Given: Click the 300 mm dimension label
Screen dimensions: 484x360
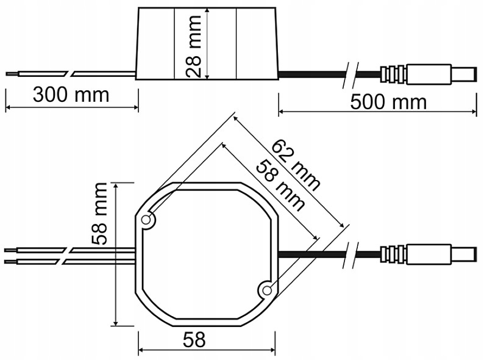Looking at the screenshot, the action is [71, 95].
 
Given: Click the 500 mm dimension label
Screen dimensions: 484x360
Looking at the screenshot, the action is [388, 102].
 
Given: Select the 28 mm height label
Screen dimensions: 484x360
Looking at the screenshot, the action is [193, 46].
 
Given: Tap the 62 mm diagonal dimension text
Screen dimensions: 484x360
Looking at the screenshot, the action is [296, 165].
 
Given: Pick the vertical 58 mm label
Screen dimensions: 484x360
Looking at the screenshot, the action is [99, 214].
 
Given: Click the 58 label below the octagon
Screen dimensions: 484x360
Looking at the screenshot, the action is [194, 340].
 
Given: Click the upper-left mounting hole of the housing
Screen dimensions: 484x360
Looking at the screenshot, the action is [146, 220].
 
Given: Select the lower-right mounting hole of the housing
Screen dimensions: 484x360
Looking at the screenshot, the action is [267, 290].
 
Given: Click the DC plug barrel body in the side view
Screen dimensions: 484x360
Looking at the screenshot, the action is [429, 74].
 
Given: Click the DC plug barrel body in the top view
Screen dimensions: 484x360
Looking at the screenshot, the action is [429, 254].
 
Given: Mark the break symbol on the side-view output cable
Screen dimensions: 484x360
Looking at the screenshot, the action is [351, 75].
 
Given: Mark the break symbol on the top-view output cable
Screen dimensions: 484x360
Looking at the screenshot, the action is [351, 255].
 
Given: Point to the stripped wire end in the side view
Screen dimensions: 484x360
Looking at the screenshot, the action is [12, 74].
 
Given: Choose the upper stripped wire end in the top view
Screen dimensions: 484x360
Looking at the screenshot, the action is [11, 250].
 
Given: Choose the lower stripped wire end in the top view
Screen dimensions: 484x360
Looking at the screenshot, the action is [11, 262].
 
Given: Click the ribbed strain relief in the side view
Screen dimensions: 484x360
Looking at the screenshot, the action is [393, 74].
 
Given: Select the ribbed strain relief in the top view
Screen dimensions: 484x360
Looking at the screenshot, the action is [393, 254].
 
